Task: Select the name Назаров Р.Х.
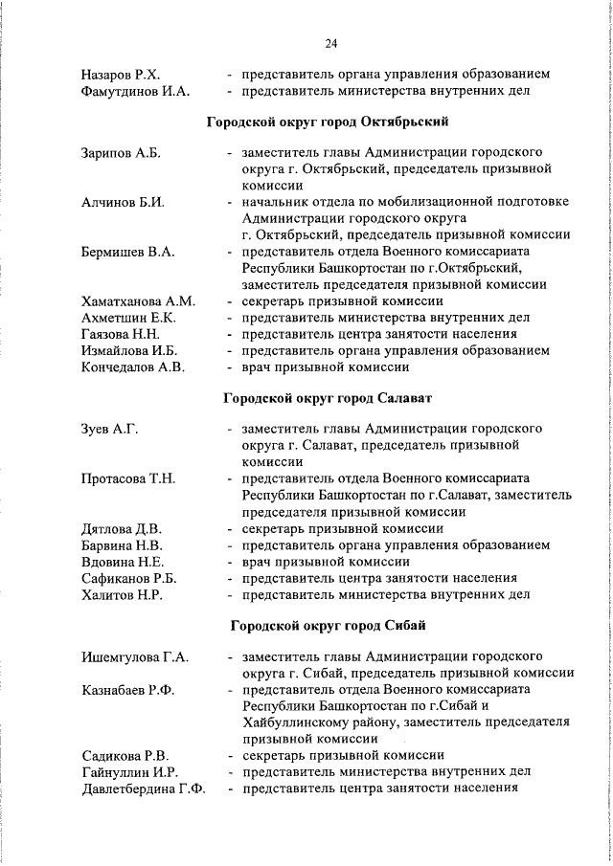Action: [120, 74]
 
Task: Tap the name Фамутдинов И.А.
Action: [135, 92]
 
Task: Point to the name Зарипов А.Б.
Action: [121, 153]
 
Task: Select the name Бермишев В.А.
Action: [127, 252]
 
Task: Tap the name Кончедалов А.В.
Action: [133, 366]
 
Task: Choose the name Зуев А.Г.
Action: [110, 429]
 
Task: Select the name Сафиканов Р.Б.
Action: [129, 578]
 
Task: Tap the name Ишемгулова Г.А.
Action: [135, 657]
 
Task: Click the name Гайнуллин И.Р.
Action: [130, 771]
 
